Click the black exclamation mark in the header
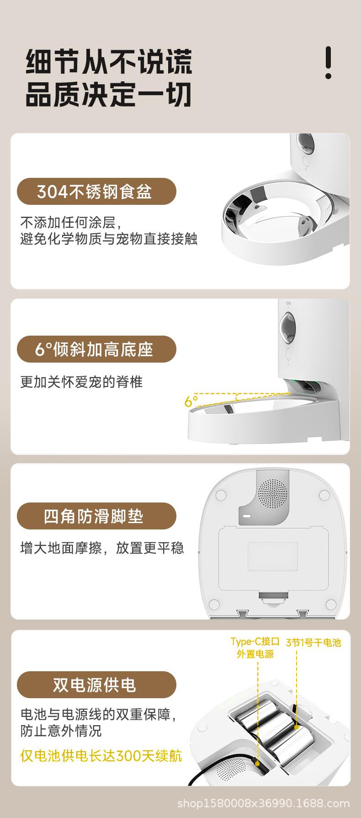point(328,63)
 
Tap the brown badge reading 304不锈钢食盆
point(96,192)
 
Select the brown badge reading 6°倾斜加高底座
point(96,350)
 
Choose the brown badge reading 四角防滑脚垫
point(96,516)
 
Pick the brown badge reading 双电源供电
point(96,685)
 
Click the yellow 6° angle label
point(191,401)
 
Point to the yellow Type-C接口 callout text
point(255,642)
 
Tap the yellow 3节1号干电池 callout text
point(313,642)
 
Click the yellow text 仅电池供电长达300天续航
point(101,755)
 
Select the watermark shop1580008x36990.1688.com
point(263,803)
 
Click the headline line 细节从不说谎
point(109,63)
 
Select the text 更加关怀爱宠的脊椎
point(81,382)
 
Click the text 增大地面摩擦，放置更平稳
point(102,547)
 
